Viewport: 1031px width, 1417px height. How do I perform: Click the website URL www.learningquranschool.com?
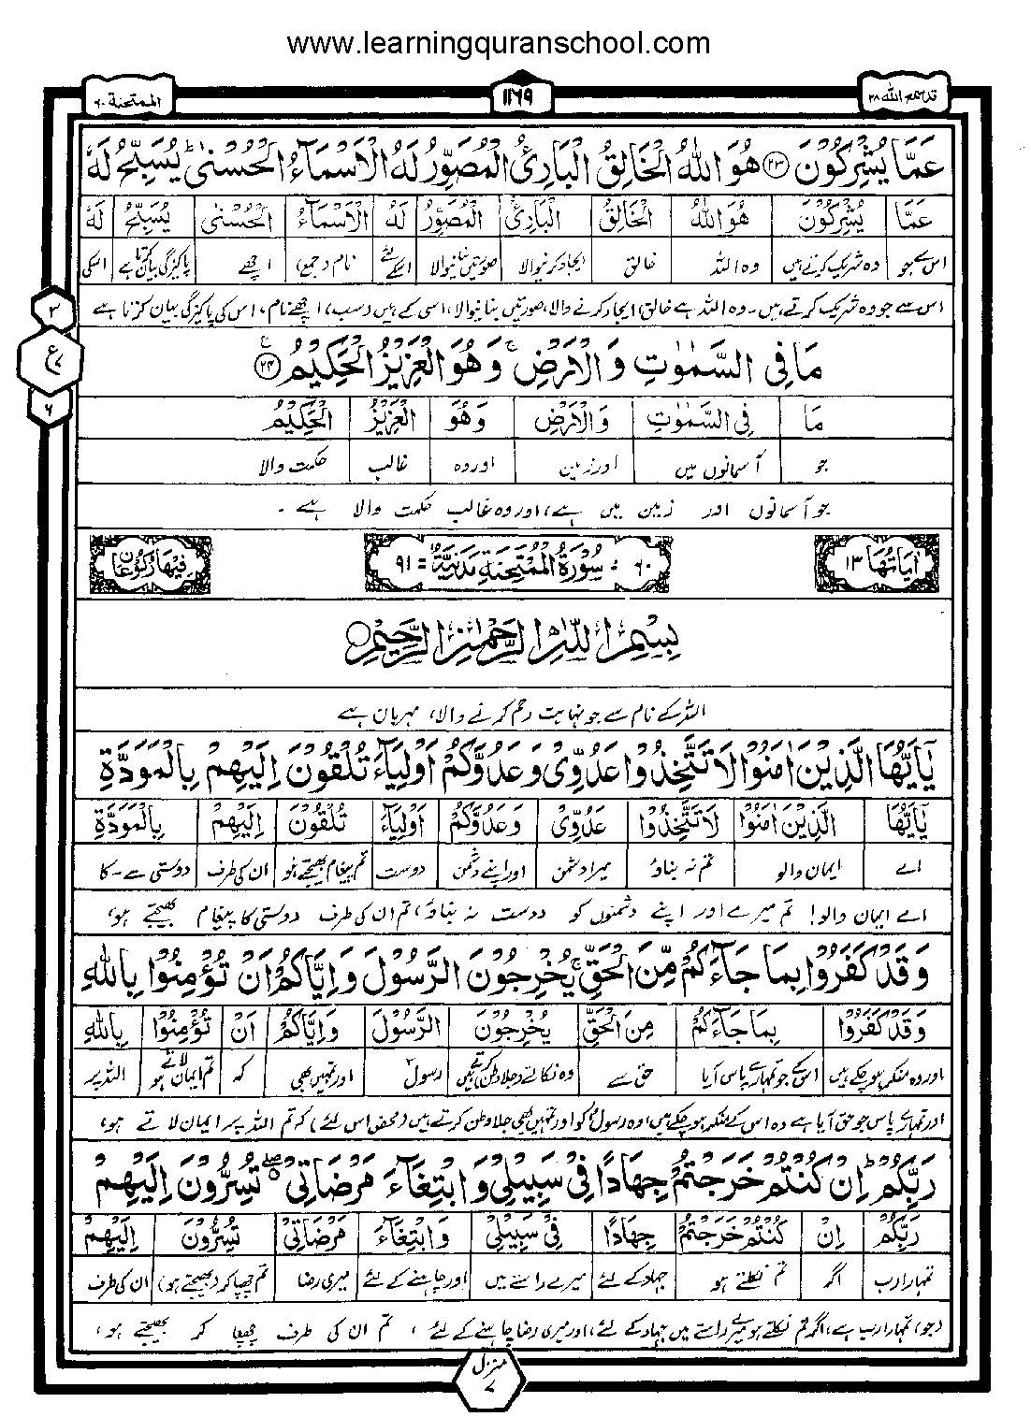tap(498, 43)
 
